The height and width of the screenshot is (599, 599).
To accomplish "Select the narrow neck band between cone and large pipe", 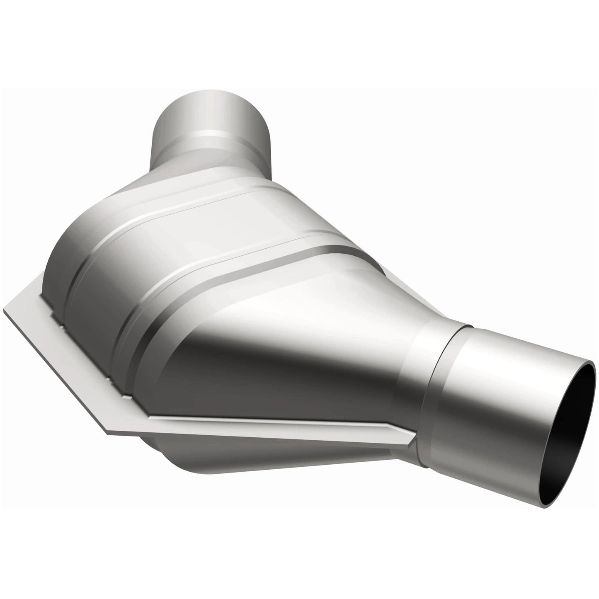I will (x=415, y=373).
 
